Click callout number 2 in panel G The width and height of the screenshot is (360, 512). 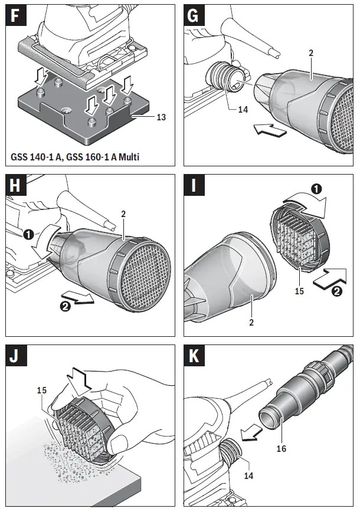point(310,52)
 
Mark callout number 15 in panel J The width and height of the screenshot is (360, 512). point(42,390)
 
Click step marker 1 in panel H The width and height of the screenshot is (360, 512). point(28,234)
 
